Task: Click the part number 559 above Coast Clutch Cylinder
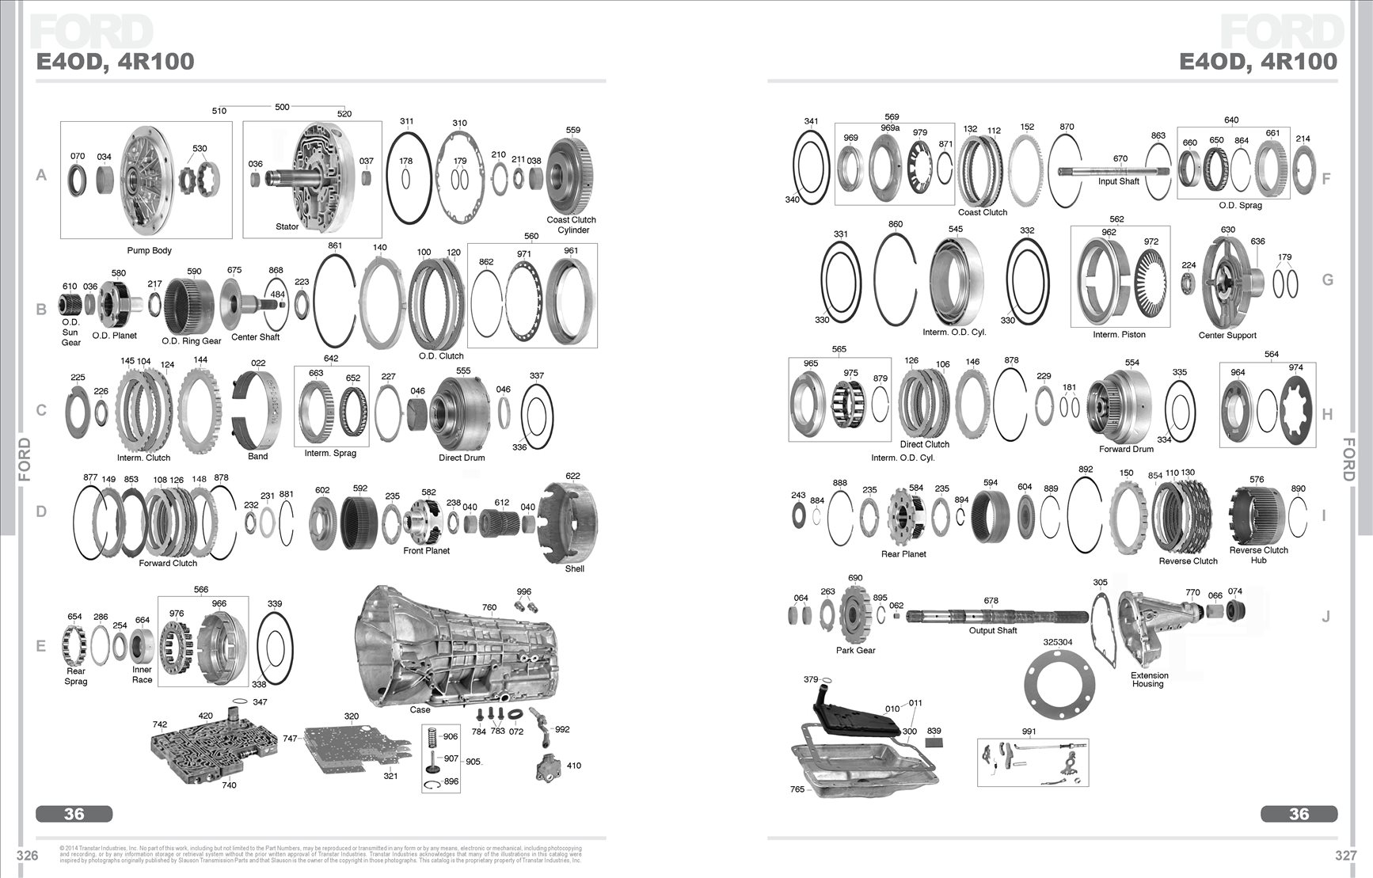[x=573, y=131]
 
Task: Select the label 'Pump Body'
[x=150, y=251]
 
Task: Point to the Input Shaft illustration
[x=1116, y=169]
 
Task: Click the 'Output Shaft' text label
[x=993, y=631]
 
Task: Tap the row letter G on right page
[x=1328, y=280]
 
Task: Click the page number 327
[x=1346, y=856]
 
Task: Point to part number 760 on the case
[x=489, y=608]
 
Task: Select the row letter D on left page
[x=41, y=511]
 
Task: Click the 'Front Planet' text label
[x=426, y=551]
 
